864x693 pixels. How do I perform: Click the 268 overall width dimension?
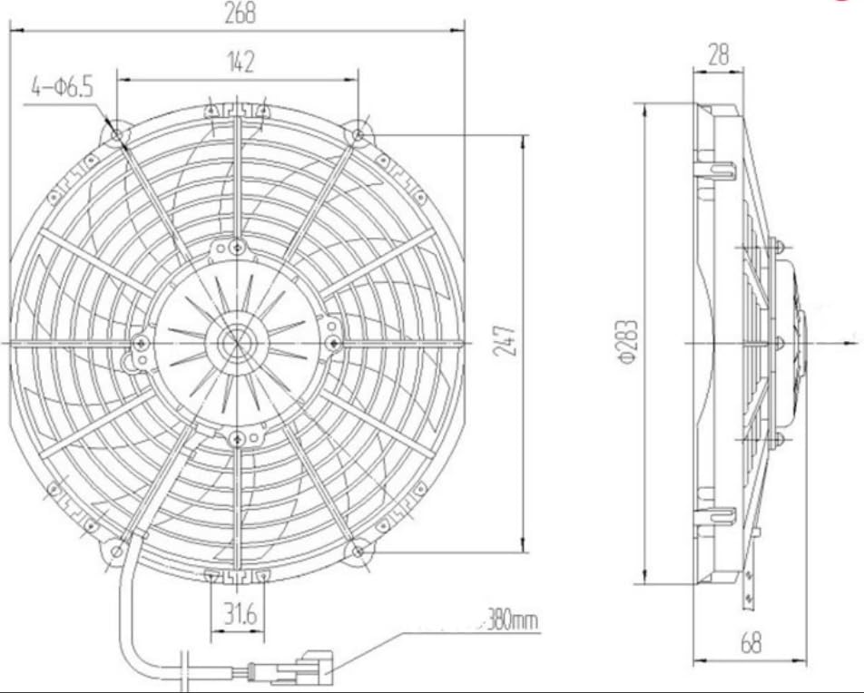tap(240, 13)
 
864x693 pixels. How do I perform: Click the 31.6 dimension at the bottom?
tap(238, 614)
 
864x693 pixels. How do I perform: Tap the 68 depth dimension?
tap(751, 643)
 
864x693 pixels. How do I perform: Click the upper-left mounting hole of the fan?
tap(117, 136)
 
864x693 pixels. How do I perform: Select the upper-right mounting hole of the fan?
tap(359, 136)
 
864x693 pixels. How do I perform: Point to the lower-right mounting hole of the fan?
tap(359, 550)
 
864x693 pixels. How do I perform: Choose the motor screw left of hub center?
tap(141, 343)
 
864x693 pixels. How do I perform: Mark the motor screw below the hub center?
tap(237, 439)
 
